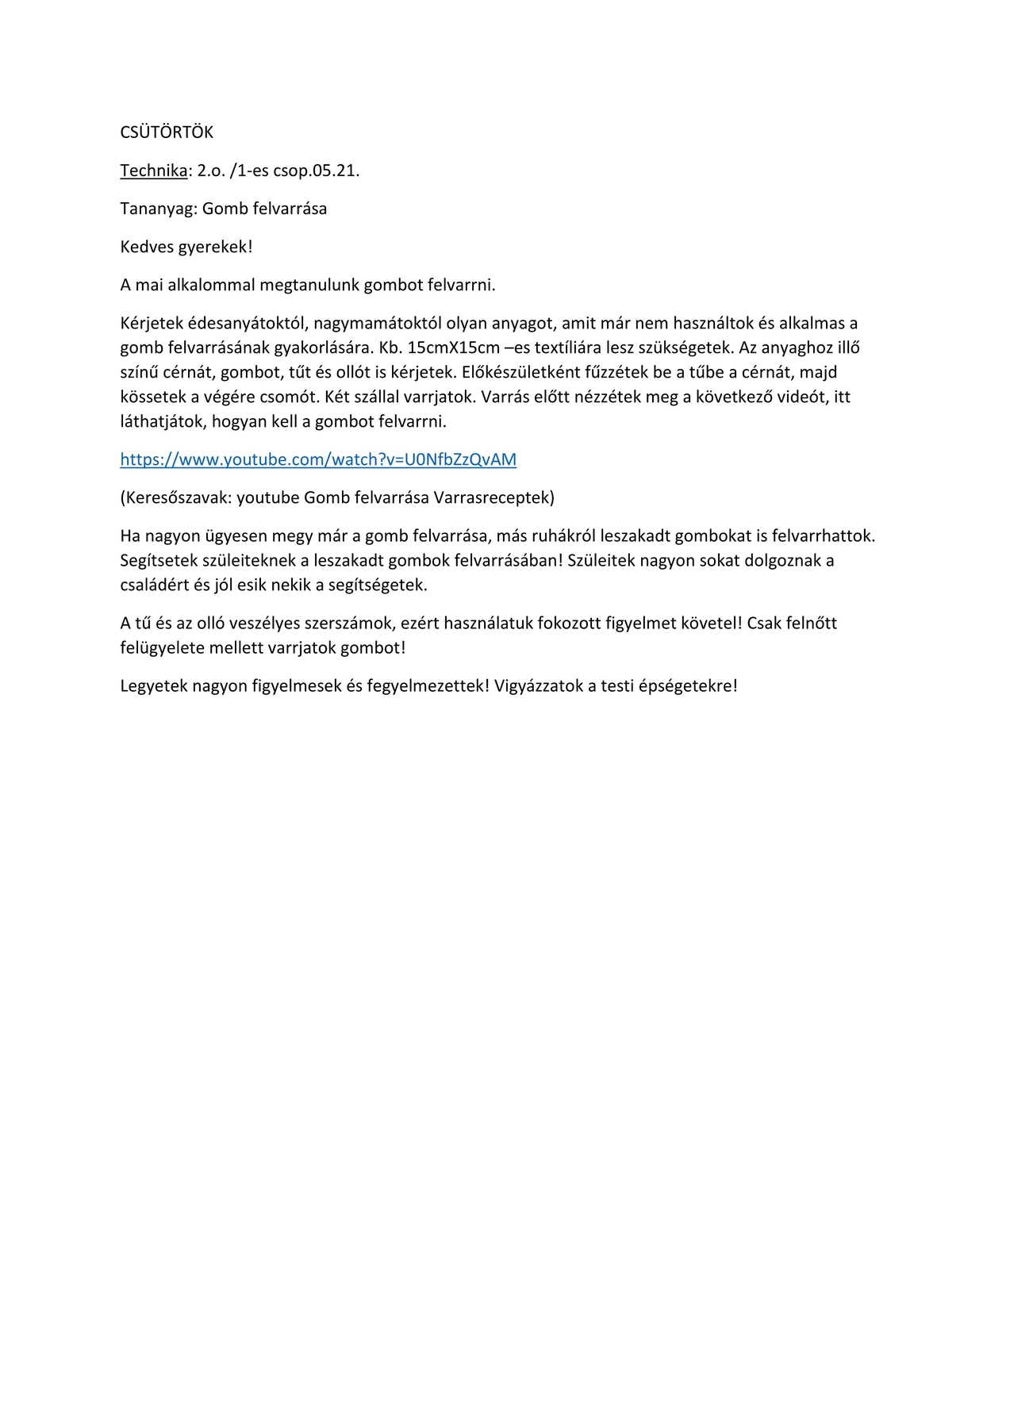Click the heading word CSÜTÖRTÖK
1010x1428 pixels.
167,132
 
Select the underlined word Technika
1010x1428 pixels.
154,171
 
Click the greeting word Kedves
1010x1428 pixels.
147,247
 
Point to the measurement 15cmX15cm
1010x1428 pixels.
453,347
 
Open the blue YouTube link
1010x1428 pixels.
318,459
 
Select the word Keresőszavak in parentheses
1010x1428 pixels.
178,497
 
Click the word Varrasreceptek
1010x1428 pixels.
493,497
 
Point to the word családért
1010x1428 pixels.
155,585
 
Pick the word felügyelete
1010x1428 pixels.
162,647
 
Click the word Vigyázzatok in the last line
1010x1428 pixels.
539,685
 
